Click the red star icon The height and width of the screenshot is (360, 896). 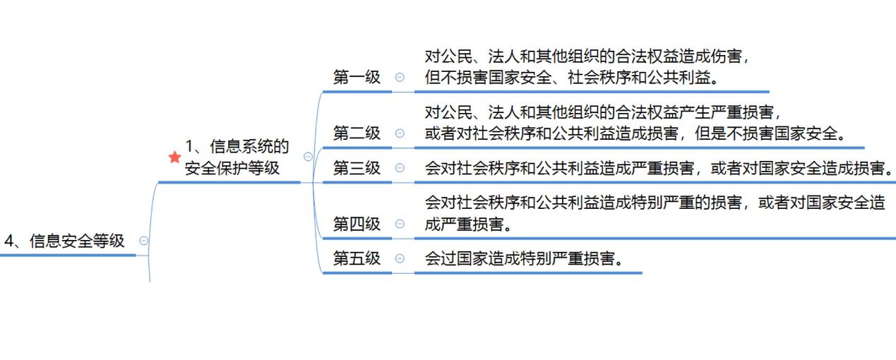[x=175, y=157]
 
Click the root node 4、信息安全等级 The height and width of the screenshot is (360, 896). [x=65, y=241]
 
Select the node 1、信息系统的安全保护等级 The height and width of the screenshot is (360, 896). [x=237, y=157]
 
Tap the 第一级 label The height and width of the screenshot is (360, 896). [x=357, y=78]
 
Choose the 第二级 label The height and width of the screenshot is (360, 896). [x=357, y=133]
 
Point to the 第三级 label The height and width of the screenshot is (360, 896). [x=357, y=168]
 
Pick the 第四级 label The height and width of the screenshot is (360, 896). [x=357, y=224]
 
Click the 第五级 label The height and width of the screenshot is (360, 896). [x=357, y=258]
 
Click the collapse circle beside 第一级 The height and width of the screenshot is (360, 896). [x=400, y=78]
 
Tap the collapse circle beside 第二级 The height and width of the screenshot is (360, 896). [x=400, y=133]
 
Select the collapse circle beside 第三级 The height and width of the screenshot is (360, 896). [x=400, y=168]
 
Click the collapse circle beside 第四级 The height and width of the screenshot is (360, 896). [x=400, y=224]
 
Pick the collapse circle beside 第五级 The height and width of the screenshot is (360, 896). [x=400, y=258]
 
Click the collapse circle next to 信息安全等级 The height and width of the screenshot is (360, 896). [x=144, y=241]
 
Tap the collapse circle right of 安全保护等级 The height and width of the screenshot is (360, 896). [x=308, y=157]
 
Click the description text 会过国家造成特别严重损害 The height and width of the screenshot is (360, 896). [x=525, y=258]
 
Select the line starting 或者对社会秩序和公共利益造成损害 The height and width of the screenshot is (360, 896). [x=635, y=133]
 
